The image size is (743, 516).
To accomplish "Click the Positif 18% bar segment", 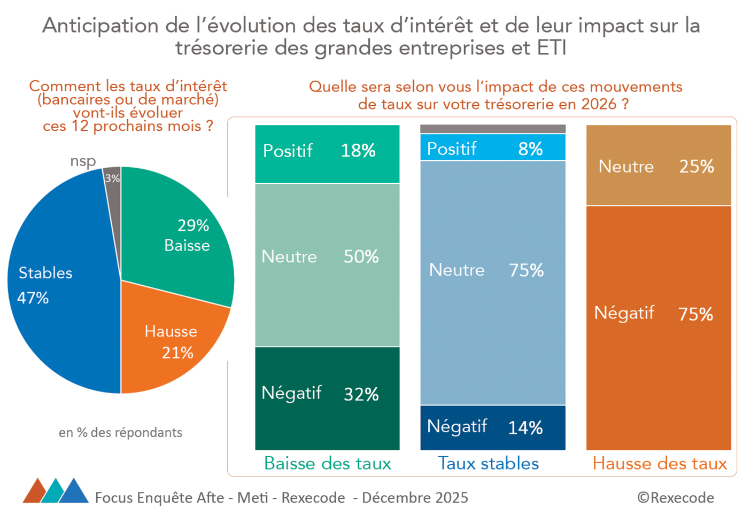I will (327, 154).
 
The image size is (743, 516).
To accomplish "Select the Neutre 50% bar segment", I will (327, 265).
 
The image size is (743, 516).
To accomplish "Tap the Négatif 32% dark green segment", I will (327, 398).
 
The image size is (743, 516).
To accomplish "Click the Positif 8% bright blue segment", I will (492, 147).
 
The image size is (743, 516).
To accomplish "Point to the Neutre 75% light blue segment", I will (492, 283).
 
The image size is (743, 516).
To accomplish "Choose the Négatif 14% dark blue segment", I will (492, 427).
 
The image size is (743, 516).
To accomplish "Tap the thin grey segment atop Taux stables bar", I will (492, 129).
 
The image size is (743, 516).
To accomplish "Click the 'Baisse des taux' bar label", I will (328, 463).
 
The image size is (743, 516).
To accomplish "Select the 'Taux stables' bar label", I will (488, 463).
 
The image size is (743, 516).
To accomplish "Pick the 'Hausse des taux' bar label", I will (660, 463).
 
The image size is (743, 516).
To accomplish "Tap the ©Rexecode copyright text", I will (675, 497).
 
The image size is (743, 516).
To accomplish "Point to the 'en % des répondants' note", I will (120, 432).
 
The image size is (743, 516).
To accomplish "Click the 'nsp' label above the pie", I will (83, 161).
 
